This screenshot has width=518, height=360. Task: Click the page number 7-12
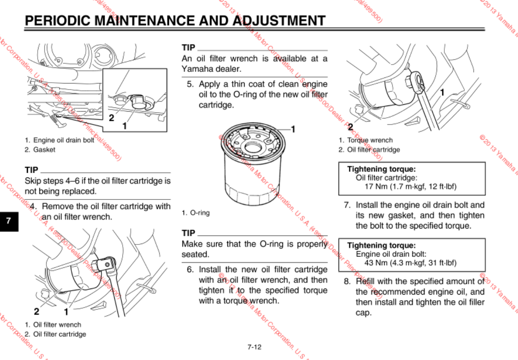click(x=255, y=347)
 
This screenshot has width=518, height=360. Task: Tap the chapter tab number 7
click(x=9, y=221)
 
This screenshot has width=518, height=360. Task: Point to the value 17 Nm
click(x=375, y=187)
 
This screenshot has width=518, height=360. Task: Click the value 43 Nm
click(x=375, y=263)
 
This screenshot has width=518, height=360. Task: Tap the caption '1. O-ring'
click(x=196, y=213)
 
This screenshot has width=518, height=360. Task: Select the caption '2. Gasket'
click(x=40, y=150)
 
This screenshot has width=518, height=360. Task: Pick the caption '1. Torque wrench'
click(x=366, y=140)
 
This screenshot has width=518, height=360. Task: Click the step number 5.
click(x=190, y=84)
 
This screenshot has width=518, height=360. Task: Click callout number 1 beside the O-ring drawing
click(x=293, y=129)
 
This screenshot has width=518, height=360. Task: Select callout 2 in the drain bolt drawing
click(x=111, y=117)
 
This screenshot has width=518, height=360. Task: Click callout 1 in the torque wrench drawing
click(x=442, y=92)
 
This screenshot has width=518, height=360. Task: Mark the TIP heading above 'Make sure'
click(x=188, y=234)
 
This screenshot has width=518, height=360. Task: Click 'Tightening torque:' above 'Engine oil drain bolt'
click(x=381, y=246)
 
